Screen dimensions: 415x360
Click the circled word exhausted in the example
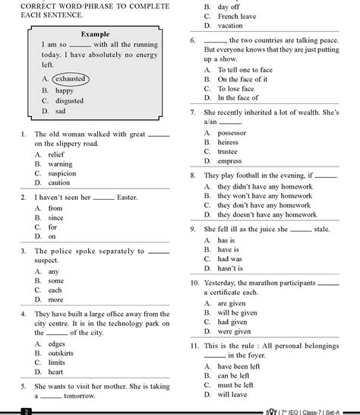71,79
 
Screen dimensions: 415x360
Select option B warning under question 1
60,163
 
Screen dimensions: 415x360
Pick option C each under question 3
55,290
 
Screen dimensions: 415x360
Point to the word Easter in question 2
127,198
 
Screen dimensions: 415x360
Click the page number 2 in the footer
26,411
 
